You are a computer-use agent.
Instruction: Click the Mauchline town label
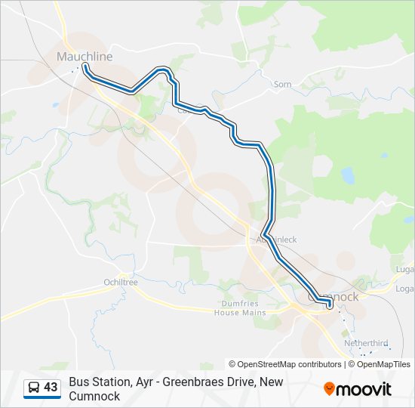point(85,57)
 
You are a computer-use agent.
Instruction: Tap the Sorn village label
point(282,85)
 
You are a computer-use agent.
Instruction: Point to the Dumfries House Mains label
point(240,308)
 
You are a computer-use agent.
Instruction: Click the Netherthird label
point(366,343)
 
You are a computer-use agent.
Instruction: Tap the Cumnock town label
point(337,297)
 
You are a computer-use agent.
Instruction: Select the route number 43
point(51,388)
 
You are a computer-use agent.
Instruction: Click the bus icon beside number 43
point(34,388)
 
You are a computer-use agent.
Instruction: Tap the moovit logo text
point(364,389)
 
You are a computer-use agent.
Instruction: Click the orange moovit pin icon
point(329,389)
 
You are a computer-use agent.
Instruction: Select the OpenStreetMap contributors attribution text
point(285,364)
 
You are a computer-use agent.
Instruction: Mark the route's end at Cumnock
point(330,305)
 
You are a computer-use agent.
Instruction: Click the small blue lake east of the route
point(348,175)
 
